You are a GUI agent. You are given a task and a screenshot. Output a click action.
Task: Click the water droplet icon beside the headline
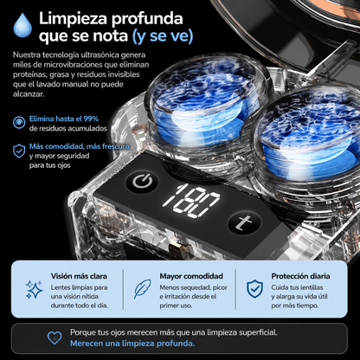pyautogui.click(x=22, y=25)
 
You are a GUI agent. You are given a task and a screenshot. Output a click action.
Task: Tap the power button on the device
pyautogui.click(x=143, y=182)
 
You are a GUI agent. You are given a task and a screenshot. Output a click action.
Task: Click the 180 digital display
pyautogui.click(x=191, y=200)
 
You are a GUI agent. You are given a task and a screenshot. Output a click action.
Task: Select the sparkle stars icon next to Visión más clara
pyautogui.click(x=34, y=289)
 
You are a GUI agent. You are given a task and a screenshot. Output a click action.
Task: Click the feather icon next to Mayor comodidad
pyautogui.click(x=142, y=288)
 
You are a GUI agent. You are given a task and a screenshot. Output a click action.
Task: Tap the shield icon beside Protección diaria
pyautogui.click(x=254, y=289)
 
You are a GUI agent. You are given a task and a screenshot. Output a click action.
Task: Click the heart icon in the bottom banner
pyautogui.click(x=55, y=337)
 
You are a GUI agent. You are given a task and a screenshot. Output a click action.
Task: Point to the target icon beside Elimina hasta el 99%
pyautogui.click(x=19, y=122)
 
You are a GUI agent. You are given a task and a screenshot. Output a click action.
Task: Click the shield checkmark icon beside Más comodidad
pyautogui.click(x=19, y=151)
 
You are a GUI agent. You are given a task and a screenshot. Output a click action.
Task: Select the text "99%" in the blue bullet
pyautogui.click(x=91, y=119)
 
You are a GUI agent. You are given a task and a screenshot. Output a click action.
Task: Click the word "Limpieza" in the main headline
pyautogui.click(x=73, y=18)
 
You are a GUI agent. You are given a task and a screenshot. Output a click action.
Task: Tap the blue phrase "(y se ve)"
pyautogui.click(x=163, y=36)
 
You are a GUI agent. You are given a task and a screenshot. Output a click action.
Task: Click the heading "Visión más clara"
pyautogui.click(x=79, y=276)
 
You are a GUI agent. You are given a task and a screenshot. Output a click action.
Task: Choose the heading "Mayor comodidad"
pyautogui.click(x=191, y=276)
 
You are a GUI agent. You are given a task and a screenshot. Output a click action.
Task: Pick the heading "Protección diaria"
pyautogui.click(x=300, y=276)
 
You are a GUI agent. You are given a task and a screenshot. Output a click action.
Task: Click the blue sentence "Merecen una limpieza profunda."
pyautogui.click(x=132, y=344)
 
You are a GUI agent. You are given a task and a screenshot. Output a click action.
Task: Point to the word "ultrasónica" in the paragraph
pyautogui.click(x=100, y=55)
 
